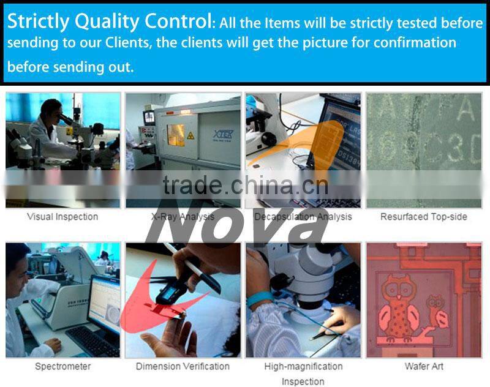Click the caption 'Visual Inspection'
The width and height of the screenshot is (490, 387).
click(x=62, y=217)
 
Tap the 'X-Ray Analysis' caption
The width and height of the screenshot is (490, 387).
click(x=183, y=217)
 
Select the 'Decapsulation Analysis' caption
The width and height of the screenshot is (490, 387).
click(x=303, y=217)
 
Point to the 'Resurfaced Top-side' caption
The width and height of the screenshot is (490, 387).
click(x=424, y=217)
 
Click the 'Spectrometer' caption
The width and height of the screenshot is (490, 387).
click(x=62, y=366)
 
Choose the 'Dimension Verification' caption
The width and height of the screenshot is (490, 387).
click(x=183, y=366)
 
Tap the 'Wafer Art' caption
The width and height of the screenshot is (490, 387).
click(x=424, y=366)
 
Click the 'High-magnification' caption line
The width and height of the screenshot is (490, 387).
click(x=303, y=366)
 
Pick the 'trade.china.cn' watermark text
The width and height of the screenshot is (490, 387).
click(x=245, y=184)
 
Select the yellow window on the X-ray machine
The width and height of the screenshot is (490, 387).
click(x=177, y=134)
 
